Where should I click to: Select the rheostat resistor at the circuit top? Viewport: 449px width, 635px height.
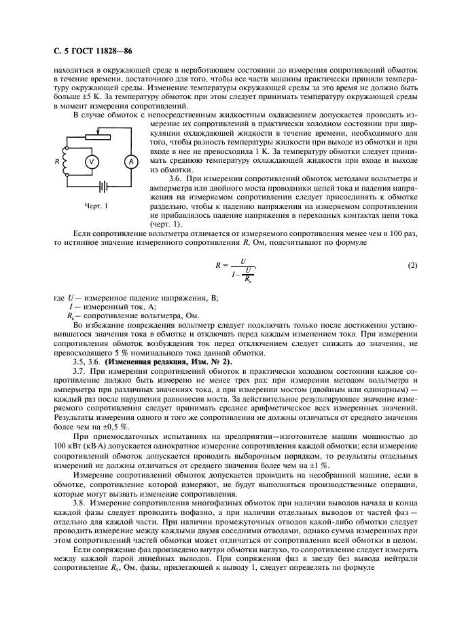[x=101, y=136]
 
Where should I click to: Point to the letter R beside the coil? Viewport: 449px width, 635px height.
[x=58, y=161]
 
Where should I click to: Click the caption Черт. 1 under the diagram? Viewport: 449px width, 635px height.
[x=96, y=205]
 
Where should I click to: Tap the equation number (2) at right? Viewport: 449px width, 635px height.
[x=412, y=265]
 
